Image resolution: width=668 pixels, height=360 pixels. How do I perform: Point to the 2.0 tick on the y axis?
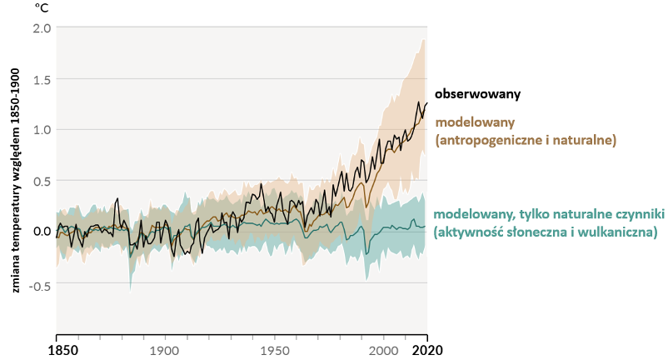[x=42, y=27]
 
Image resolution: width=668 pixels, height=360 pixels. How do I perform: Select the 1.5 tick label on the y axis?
[x=42, y=79]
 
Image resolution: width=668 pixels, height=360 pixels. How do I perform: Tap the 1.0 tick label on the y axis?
[x=42, y=129]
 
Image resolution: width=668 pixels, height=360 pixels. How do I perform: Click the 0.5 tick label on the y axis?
[x=42, y=181]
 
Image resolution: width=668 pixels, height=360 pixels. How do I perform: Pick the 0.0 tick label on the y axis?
[x=42, y=231]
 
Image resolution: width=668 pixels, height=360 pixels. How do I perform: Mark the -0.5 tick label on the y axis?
[x=39, y=282]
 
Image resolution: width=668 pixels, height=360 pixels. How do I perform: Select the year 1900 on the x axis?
[x=163, y=350]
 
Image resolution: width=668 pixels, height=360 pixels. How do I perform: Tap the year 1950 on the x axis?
[x=273, y=350]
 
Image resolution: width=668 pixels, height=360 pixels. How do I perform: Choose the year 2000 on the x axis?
[x=383, y=350]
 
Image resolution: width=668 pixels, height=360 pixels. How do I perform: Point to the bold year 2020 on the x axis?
[x=427, y=350]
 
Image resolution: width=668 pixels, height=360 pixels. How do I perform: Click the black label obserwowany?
[x=480, y=94]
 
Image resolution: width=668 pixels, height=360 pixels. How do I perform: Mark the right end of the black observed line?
[x=427, y=103]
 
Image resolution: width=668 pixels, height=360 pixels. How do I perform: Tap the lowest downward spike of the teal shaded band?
[x=130, y=291]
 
